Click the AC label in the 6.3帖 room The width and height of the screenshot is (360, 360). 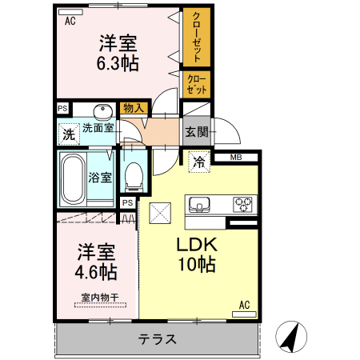(70, 22)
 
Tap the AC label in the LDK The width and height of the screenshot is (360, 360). (246, 305)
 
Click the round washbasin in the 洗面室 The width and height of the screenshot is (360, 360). (102, 111)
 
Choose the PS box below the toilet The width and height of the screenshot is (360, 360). (127, 203)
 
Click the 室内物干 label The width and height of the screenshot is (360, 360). (98, 299)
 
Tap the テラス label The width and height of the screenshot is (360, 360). (157, 339)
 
